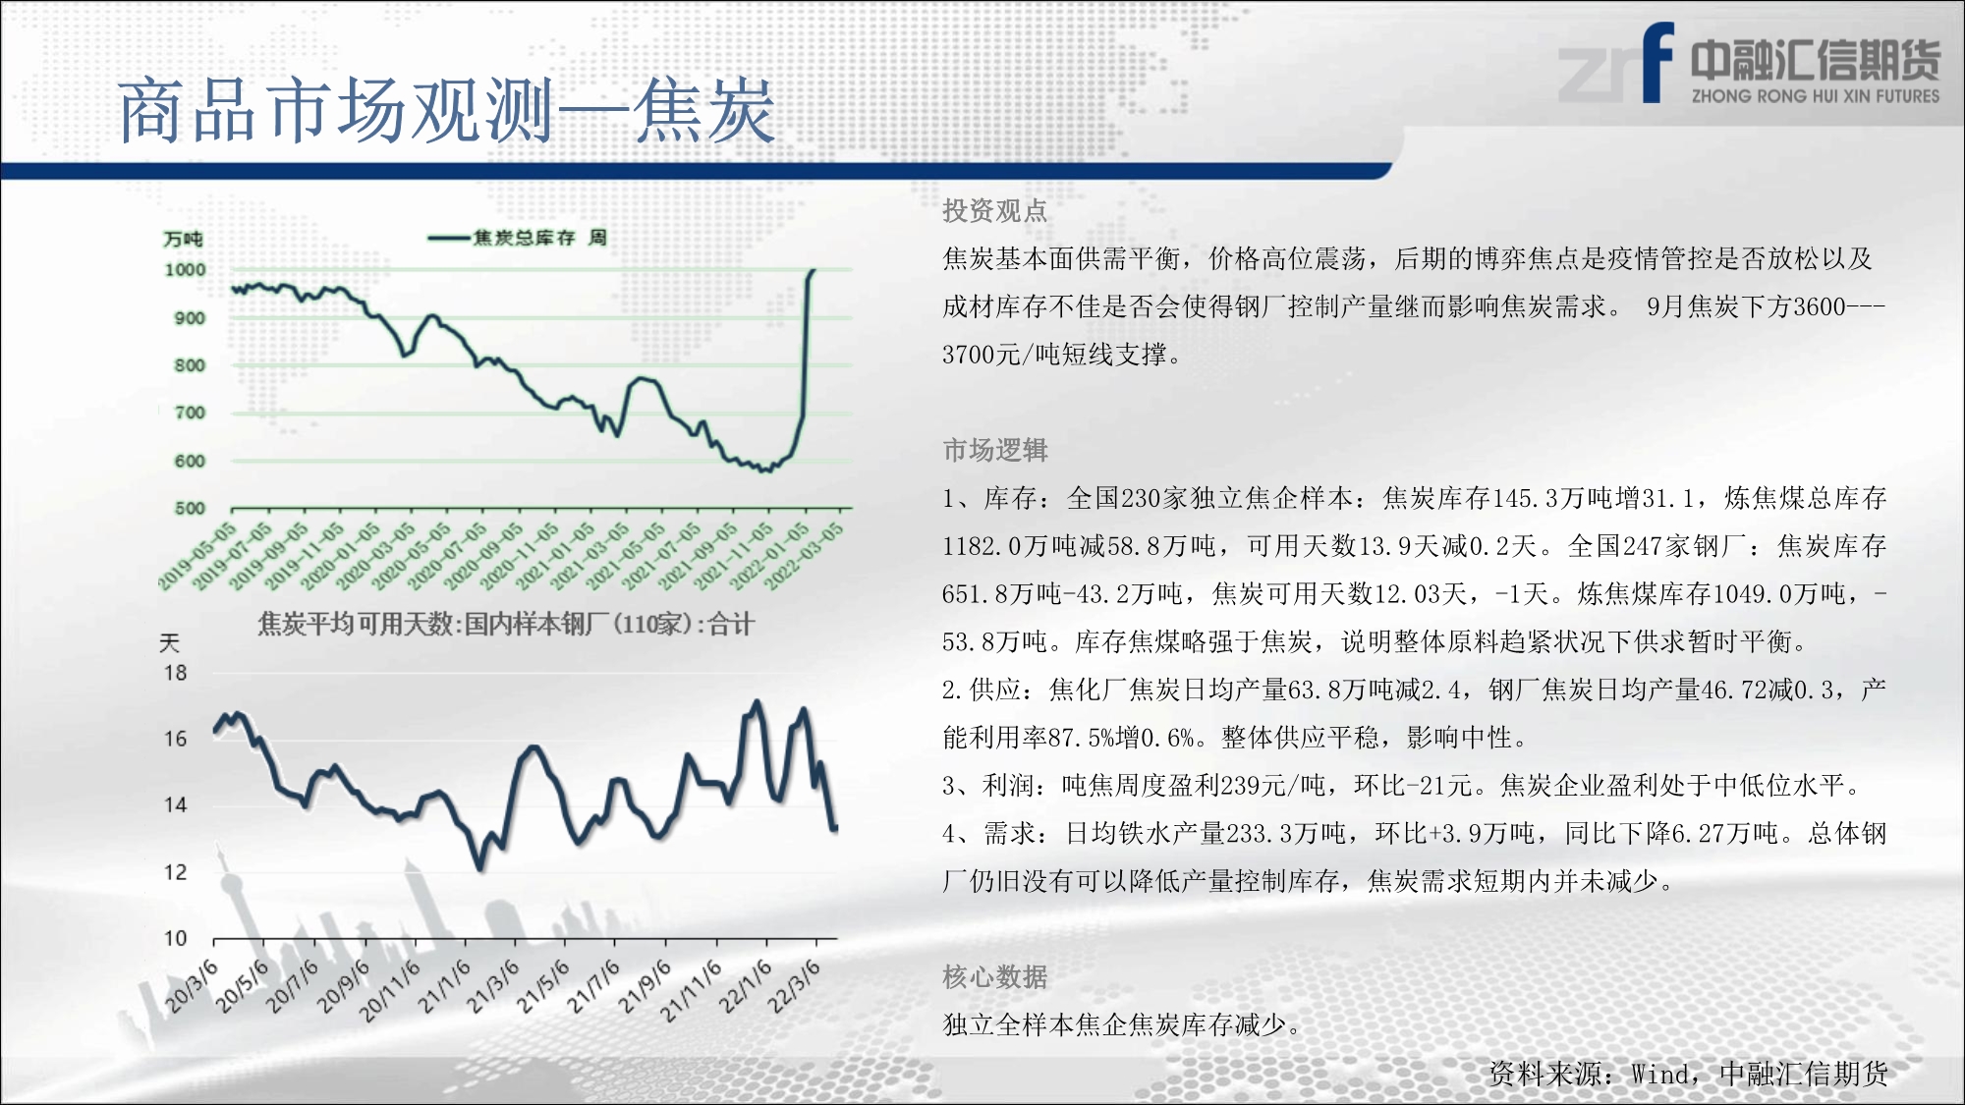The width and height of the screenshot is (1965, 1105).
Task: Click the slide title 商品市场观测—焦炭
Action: (447, 111)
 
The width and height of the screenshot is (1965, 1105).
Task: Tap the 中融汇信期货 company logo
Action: (1749, 64)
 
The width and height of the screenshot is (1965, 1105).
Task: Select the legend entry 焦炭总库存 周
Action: (518, 238)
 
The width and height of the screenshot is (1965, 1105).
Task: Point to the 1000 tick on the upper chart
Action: (185, 270)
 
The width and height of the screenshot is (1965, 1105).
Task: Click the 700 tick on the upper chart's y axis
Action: (190, 413)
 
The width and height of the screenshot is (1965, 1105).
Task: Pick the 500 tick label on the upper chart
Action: (190, 508)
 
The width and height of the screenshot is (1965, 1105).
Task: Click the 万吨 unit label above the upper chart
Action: (183, 239)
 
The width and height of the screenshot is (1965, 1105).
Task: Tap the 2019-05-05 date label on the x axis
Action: (197, 556)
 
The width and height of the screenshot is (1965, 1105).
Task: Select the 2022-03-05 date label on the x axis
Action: (804, 556)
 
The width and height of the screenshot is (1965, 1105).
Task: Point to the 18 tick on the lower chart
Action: (175, 673)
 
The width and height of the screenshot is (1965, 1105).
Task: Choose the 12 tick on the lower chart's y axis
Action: (175, 872)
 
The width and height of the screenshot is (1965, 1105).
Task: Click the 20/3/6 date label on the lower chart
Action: (192, 986)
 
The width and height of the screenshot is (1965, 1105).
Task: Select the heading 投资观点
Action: (994, 210)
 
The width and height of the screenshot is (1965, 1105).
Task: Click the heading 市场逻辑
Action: (994, 450)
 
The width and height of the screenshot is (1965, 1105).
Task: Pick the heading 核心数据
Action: (994, 976)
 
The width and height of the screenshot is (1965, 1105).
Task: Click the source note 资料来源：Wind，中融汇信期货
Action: (1688, 1074)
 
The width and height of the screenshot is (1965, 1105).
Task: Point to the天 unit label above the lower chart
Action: (169, 642)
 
